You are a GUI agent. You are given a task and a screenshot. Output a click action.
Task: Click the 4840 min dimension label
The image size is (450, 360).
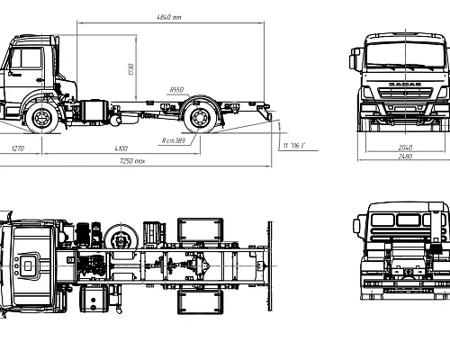(x=168, y=16)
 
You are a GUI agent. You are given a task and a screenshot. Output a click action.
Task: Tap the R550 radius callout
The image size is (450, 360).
(x=175, y=88)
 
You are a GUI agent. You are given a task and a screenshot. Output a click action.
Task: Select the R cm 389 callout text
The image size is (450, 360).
(x=175, y=140)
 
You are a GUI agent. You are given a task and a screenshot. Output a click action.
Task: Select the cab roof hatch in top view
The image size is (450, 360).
(x=30, y=265)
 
